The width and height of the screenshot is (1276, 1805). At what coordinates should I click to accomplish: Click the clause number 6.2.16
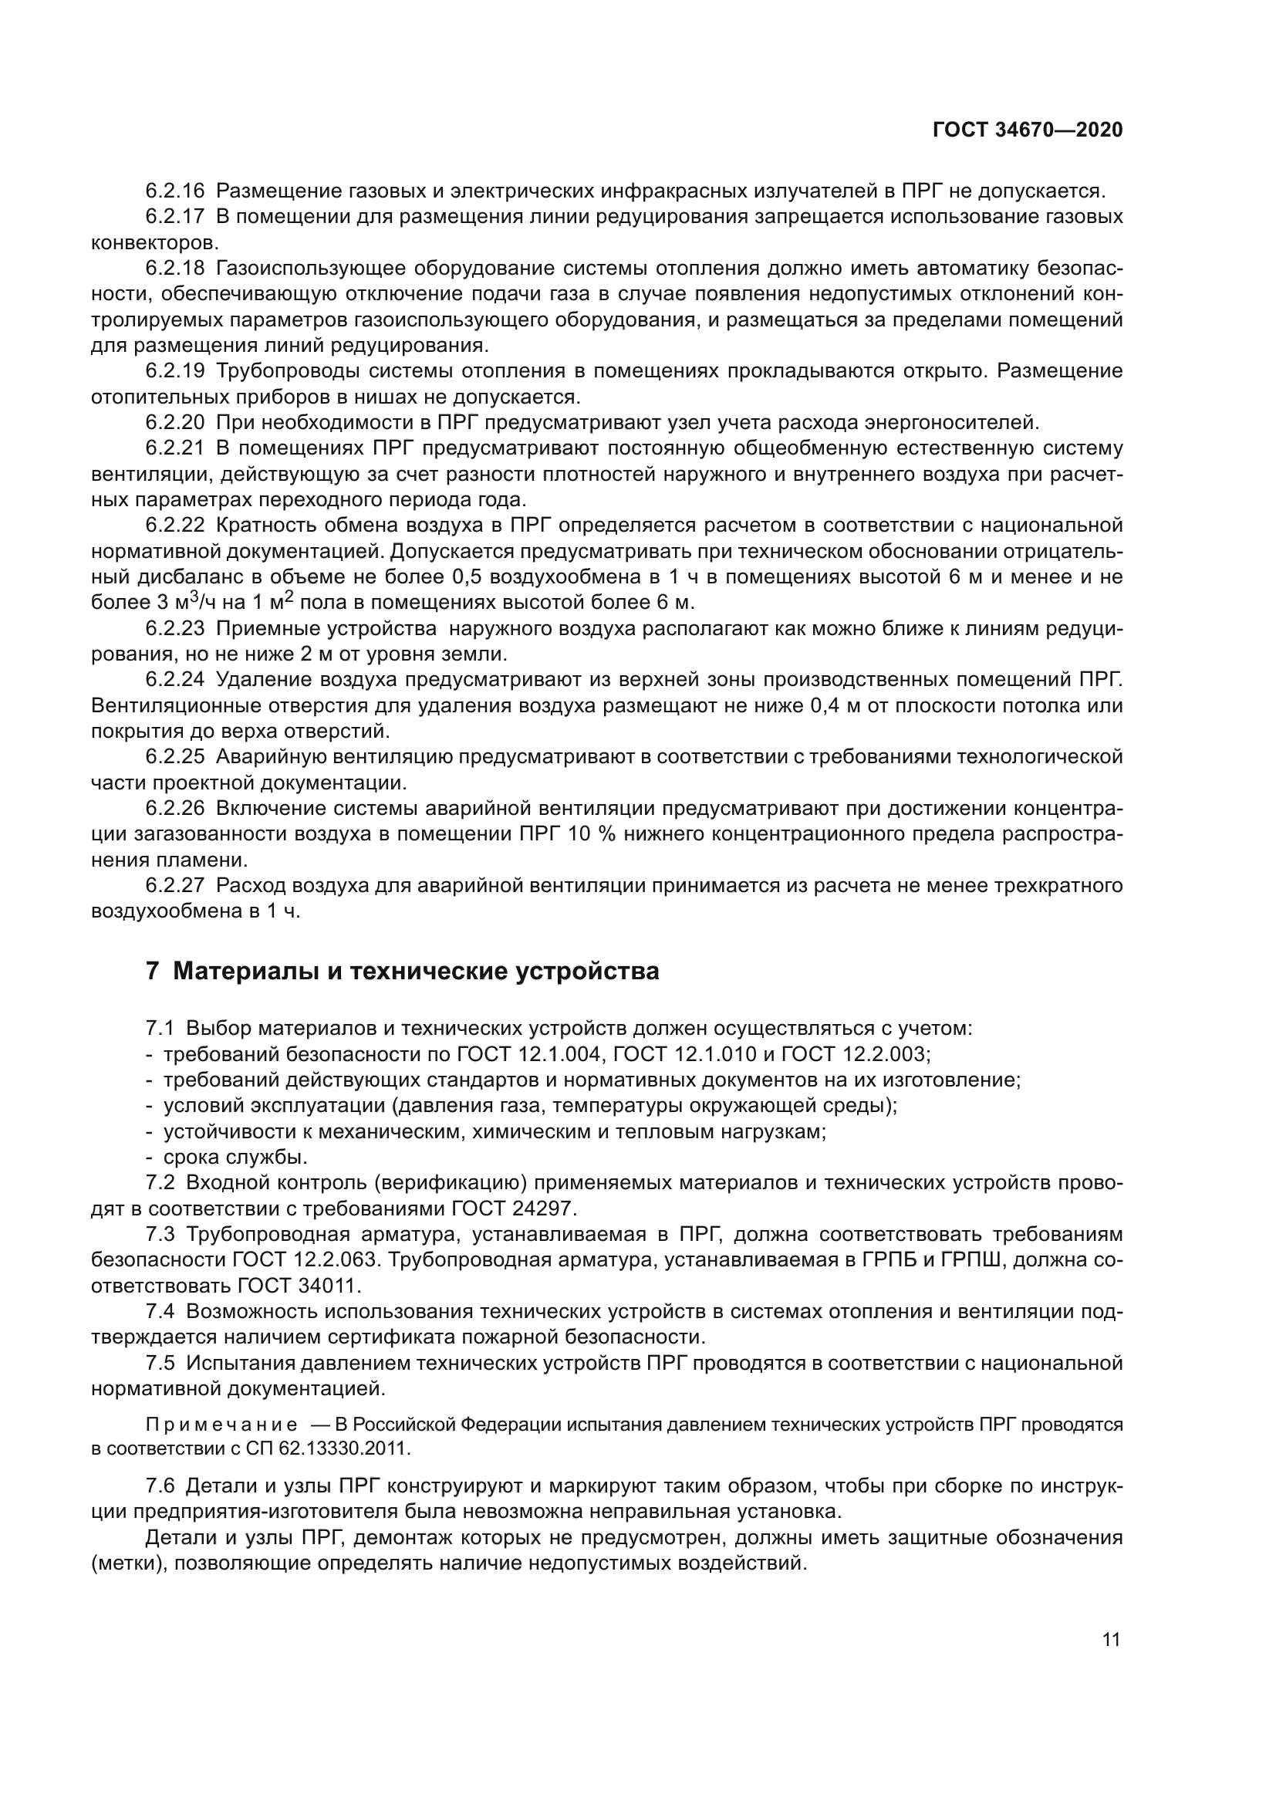point(174,191)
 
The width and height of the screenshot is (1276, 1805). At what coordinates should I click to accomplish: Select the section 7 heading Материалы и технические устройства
point(402,972)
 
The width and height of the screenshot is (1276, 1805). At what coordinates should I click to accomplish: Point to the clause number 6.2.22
point(174,526)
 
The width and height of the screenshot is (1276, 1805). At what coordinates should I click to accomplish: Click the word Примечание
point(221,1425)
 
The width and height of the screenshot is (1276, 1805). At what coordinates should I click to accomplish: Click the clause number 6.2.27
point(174,886)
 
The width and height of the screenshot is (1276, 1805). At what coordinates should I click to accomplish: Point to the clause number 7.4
point(162,1311)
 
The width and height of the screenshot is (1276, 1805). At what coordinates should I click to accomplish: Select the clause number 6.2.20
point(174,423)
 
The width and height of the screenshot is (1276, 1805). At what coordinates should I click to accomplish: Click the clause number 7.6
point(162,1486)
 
